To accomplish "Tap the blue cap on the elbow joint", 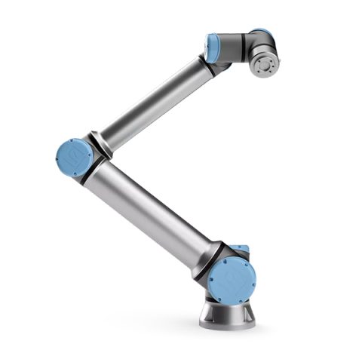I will [74, 158].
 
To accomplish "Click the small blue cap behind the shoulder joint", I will [241, 249].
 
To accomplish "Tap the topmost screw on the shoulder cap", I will [233, 261].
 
